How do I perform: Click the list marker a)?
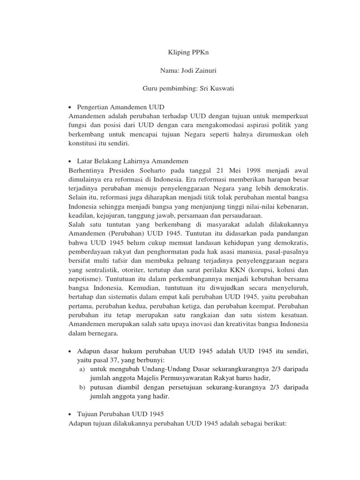(x=82, y=369)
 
